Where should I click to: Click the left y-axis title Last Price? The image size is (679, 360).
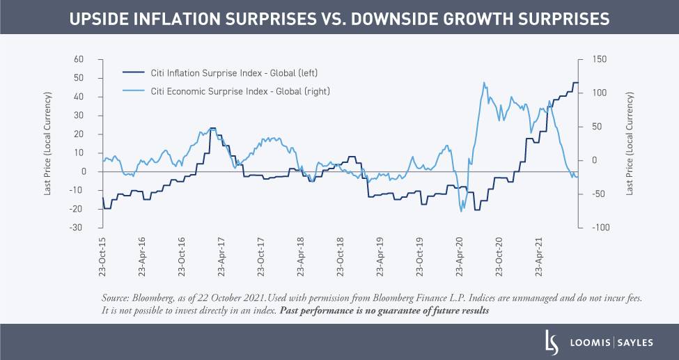[47, 143]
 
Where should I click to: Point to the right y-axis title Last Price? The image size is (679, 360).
[630, 143]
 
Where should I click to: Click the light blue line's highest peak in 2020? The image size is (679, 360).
[483, 82]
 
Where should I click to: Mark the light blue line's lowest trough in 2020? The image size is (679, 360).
[461, 211]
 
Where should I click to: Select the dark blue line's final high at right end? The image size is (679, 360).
[575, 83]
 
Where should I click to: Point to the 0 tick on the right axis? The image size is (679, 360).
[594, 160]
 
